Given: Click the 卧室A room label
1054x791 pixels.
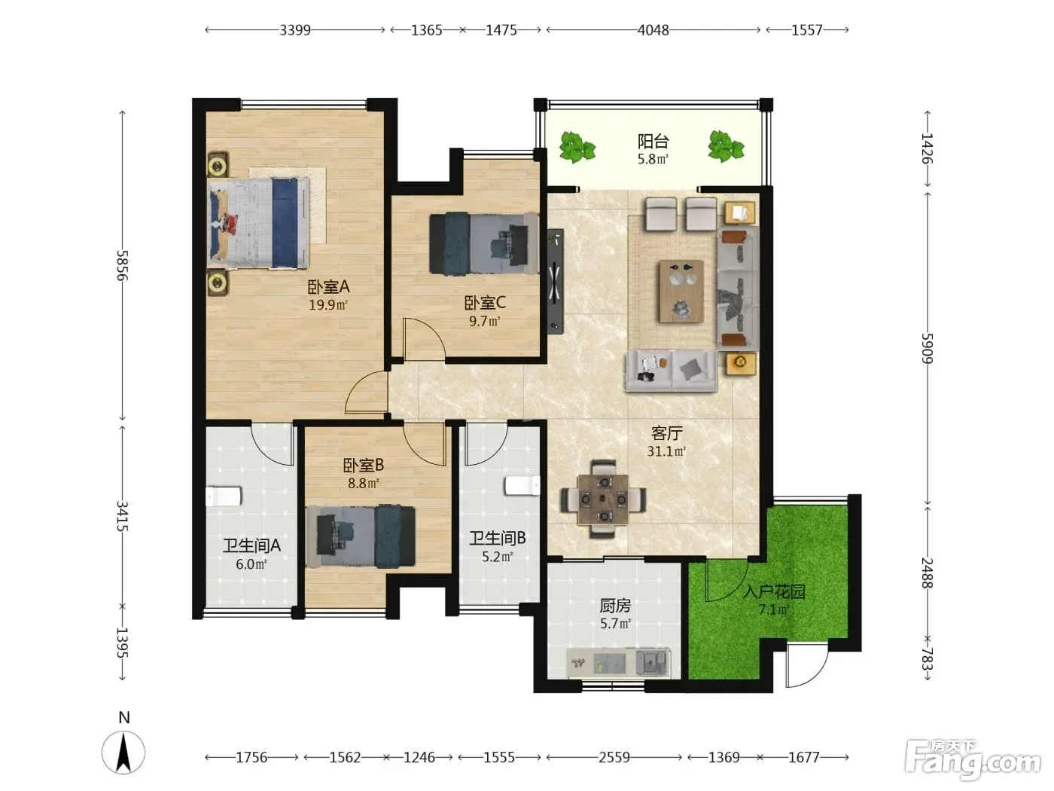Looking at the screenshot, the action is click(328, 287).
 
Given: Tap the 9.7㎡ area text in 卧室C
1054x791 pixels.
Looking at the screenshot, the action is click(485, 321).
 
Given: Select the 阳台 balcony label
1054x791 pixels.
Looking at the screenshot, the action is click(653, 141).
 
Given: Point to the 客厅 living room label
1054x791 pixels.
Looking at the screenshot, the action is click(666, 433).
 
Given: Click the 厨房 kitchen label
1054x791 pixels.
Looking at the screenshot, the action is click(615, 606).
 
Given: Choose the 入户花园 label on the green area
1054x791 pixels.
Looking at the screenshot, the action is click(774, 591).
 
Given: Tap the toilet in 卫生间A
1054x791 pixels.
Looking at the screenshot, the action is click(224, 496).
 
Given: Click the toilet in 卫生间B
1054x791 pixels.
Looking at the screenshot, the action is click(522, 486).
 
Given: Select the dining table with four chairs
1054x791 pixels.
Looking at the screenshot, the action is click(603, 499).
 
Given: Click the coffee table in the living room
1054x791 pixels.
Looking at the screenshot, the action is click(681, 291).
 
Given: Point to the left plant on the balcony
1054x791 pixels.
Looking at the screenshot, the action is click(577, 146).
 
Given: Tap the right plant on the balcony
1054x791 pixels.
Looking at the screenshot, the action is click(726, 146).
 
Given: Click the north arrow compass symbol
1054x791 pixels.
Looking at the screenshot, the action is click(123, 753).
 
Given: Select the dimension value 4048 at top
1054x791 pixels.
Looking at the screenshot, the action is click(653, 30).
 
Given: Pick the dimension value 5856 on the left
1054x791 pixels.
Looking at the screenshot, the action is click(123, 266).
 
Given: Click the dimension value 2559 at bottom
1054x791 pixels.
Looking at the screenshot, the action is click(614, 757).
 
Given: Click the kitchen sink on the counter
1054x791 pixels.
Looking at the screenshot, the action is click(653, 663).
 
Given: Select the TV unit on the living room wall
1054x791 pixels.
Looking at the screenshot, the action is click(556, 281).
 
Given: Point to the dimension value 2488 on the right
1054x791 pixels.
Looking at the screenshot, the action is click(928, 573).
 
